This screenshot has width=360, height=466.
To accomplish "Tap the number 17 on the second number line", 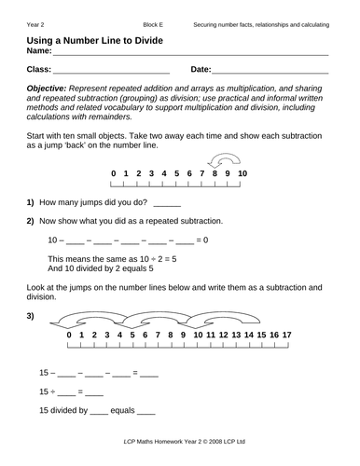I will pyautogui.click(x=286, y=334).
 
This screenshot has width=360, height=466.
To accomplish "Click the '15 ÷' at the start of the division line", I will pyautogui.click(x=48, y=391).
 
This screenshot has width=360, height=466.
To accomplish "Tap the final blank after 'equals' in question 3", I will pyautogui.click(x=145, y=411).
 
